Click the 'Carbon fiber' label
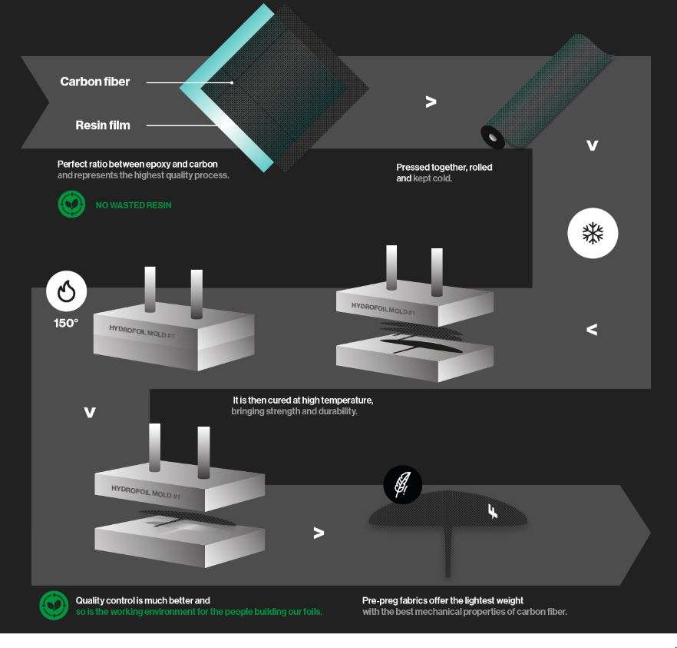click(x=95, y=81)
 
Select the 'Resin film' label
click(x=103, y=125)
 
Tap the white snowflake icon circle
click(x=593, y=234)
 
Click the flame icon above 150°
click(x=67, y=291)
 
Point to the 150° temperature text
click(x=66, y=323)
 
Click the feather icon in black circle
click(x=402, y=484)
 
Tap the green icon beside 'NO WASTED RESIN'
click(x=71, y=204)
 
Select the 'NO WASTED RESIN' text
click(x=134, y=205)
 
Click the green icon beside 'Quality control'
click(x=54, y=606)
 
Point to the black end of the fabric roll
click(x=493, y=138)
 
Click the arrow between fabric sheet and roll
click(x=431, y=102)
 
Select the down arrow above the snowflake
click(x=593, y=145)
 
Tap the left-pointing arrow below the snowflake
click(x=592, y=330)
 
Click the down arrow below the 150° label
click(x=90, y=413)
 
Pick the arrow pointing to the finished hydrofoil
click(x=319, y=533)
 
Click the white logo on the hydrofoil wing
click(x=493, y=511)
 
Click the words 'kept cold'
click(x=432, y=178)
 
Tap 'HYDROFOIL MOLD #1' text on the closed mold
click(x=141, y=331)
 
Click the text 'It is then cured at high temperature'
click(x=303, y=400)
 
